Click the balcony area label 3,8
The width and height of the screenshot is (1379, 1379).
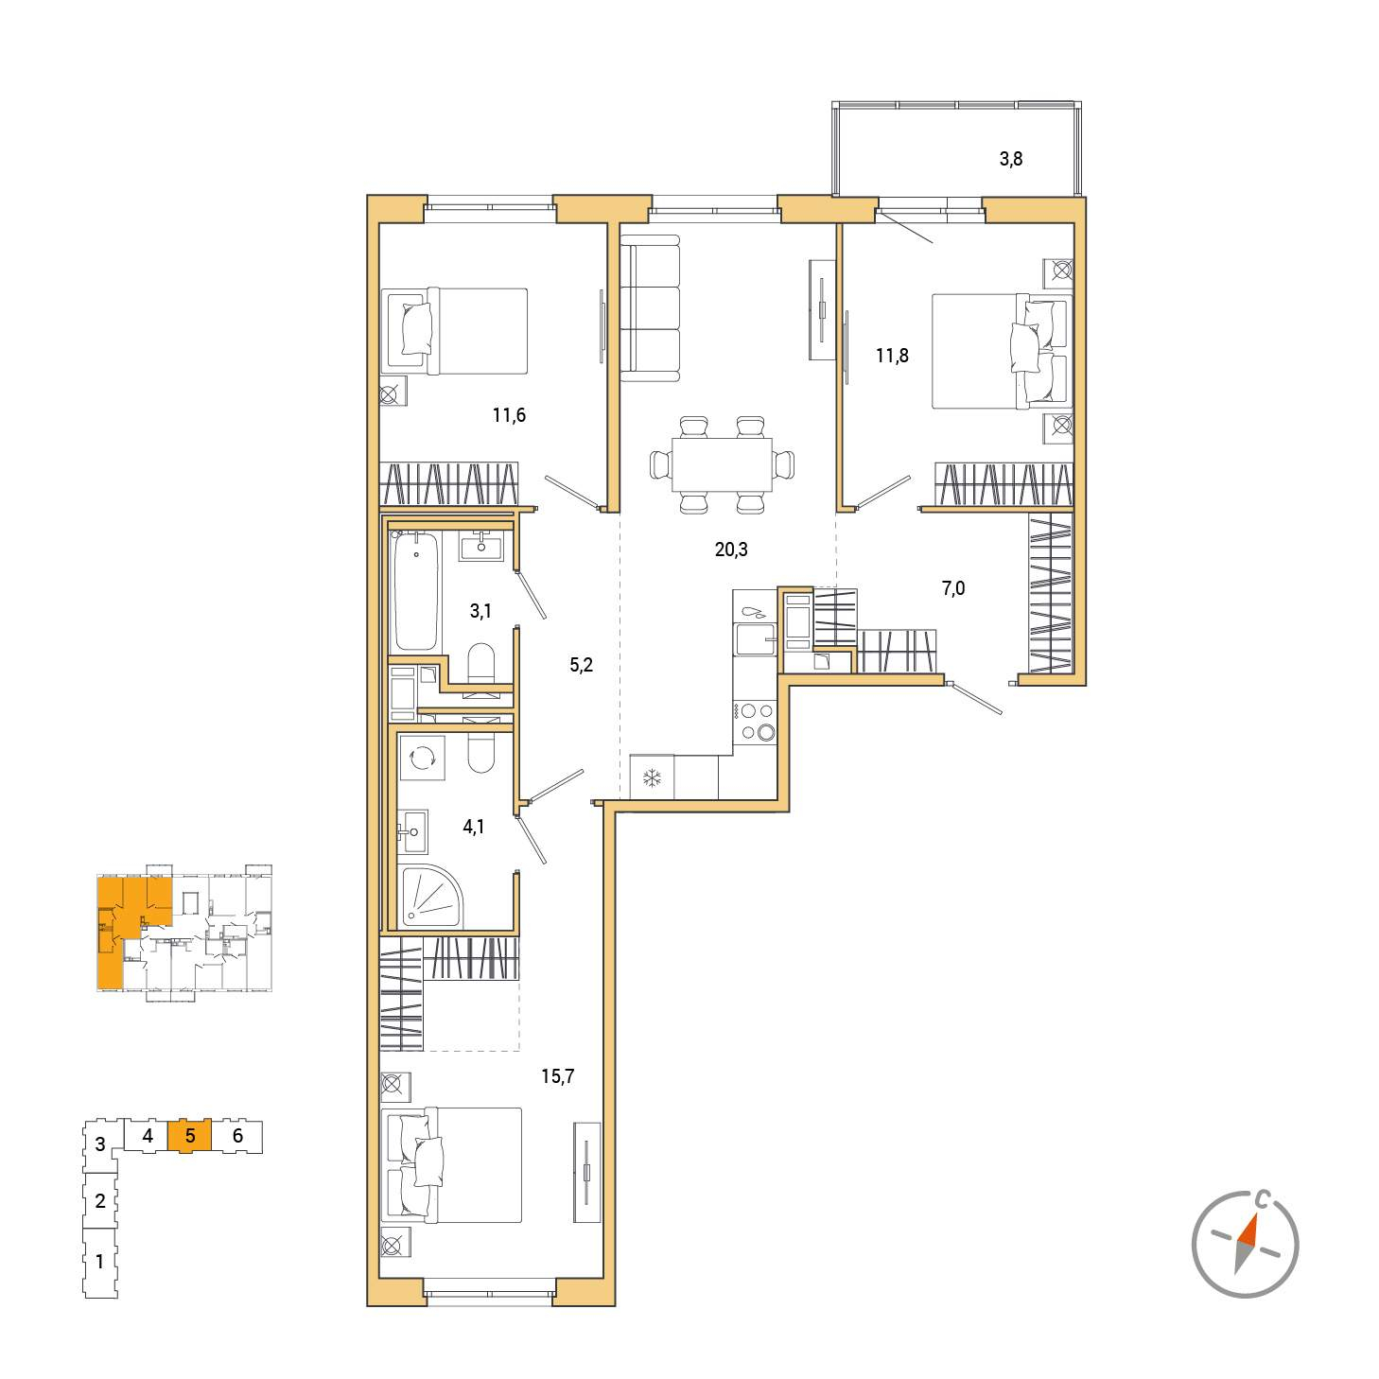coord(1010,159)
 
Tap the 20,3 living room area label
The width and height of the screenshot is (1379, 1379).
coord(731,549)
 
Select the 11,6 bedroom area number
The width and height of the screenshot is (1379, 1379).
coord(509,414)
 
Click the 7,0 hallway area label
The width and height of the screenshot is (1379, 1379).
coord(953,588)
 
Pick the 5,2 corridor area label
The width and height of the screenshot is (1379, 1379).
coord(581,665)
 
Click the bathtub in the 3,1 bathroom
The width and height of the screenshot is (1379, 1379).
coord(416,590)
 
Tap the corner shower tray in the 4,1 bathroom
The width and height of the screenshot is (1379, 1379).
coord(431,897)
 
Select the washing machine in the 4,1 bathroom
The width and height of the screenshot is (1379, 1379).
coord(422,758)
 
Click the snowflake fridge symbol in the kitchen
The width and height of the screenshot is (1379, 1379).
coord(652,777)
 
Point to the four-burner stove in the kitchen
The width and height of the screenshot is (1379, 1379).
coord(755,722)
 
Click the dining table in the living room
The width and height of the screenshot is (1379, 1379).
coord(722,464)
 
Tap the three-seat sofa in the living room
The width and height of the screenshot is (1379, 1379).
coord(649,309)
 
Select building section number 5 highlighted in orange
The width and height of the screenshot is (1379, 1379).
coord(190,1136)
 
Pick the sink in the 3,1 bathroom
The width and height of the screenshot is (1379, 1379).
coord(480,547)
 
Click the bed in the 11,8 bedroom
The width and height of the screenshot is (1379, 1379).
coord(1002,351)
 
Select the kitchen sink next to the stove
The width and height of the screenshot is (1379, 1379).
coord(755,639)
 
